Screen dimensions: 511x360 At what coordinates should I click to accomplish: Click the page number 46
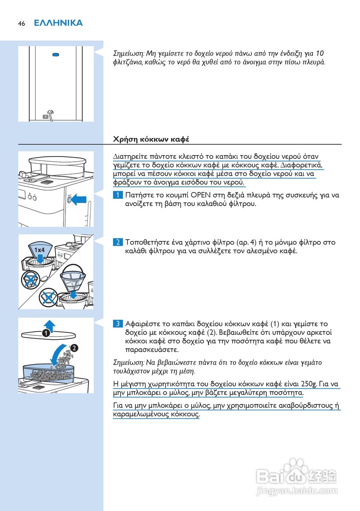point(21,24)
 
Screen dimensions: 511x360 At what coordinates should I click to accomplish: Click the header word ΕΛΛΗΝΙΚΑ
point(58,23)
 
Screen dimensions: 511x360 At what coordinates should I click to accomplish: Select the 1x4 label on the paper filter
point(39,250)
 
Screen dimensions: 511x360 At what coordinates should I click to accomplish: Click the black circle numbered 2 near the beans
point(75,348)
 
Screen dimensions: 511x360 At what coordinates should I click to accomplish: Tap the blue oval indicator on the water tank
point(56,55)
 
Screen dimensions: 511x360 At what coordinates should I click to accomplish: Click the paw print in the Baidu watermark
point(295,466)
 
